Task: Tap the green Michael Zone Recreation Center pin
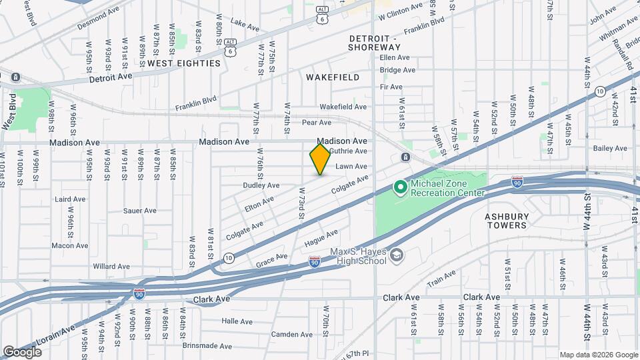(x=400, y=187)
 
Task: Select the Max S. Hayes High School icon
(x=397, y=256)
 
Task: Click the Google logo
(x=22, y=351)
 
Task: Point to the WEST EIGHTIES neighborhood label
(x=183, y=63)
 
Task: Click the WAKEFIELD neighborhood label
(x=333, y=77)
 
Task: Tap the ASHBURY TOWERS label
(x=506, y=221)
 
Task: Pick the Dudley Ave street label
(x=261, y=185)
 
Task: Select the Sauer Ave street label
(x=139, y=211)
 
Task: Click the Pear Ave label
(x=316, y=123)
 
